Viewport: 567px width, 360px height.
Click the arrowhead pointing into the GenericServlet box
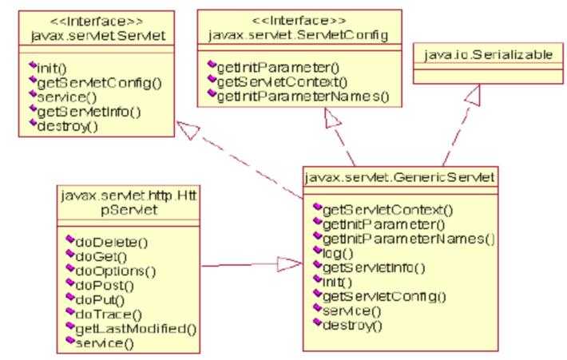coord(289,263)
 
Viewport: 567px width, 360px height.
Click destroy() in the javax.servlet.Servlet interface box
coord(63,126)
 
